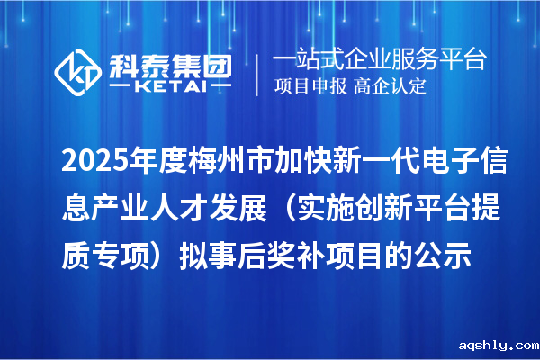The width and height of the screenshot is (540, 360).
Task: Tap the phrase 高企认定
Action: pos(389,88)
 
